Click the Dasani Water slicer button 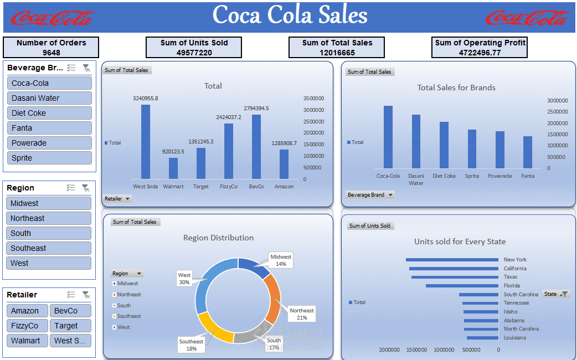coord(49,98)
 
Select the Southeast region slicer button coord(49,248)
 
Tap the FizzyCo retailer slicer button coord(27,326)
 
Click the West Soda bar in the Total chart coord(146,141)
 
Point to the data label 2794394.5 coord(256,108)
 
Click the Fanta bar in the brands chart coord(528,152)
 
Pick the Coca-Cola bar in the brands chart coord(388,137)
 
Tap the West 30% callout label coord(184,279)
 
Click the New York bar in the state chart coord(452,260)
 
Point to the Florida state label coord(512,286)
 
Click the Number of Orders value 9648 coord(51,53)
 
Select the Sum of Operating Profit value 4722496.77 coord(480,53)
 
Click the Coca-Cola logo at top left coord(52,18)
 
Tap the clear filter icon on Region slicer coord(86,188)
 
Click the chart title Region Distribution coord(218,238)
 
